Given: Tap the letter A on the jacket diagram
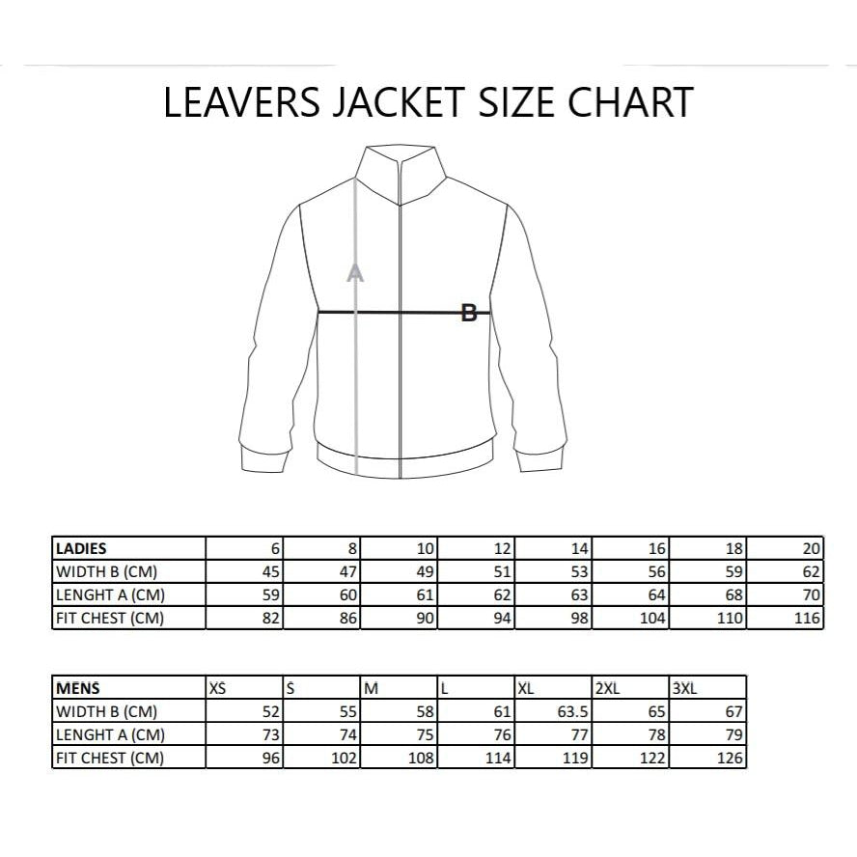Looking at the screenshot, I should point(355,273).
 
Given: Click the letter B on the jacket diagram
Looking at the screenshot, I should point(469,313).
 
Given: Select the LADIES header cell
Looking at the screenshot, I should point(128,548).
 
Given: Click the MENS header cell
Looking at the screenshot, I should point(128,689).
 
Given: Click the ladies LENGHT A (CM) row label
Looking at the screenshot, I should point(128,594).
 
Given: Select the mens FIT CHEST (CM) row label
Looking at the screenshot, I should point(128,759).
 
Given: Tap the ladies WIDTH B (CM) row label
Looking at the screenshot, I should point(128,571).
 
